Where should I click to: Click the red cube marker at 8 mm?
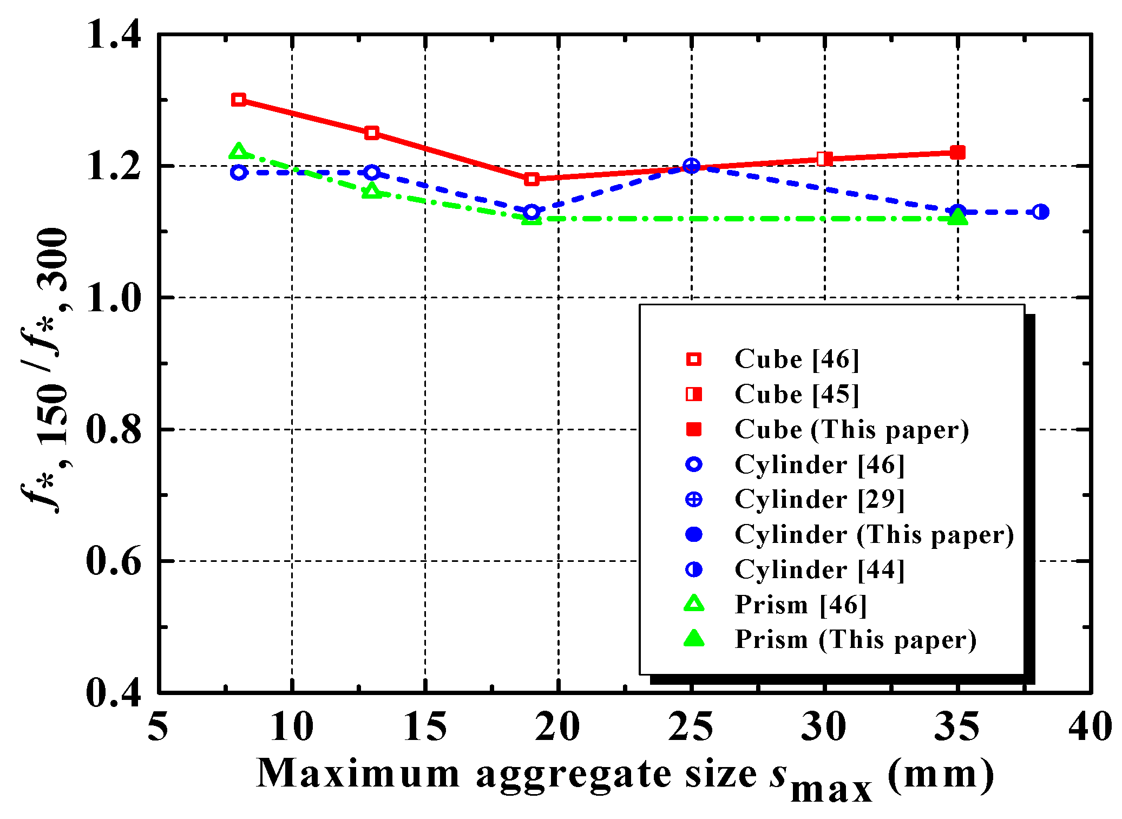pyautogui.click(x=239, y=100)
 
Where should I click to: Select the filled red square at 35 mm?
pyautogui.click(x=957, y=153)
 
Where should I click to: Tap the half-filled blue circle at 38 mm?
pyautogui.click(x=1040, y=212)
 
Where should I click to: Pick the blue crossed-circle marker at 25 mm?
pyautogui.click(x=691, y=166)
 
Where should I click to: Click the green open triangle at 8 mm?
pyautogui.click(x=239, y=151)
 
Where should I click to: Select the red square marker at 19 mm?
pyautogui.click(x=532, y=179)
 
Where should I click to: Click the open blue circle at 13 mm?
pyautogui.click(x=372, y=173)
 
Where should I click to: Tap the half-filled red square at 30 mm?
pyautogui.click(x=824, y=159)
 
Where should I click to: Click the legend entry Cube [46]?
pyautogui.click(x=796, y=359)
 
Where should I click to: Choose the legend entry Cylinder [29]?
pyautogui.click(x=818, y=499)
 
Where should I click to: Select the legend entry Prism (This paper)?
pyautogui.click(x=855, y=639)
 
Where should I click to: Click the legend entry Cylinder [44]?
pyautogui.click(x=818, y=569)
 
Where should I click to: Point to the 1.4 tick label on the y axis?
pyautogui.click(x=113, y=35)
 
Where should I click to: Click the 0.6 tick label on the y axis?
pyautogui.click(x=113, y=561)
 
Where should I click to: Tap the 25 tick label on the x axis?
pyautogui.click(x=691, y=726)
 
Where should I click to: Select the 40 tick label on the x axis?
pyautogui.click(x=1090, y=726)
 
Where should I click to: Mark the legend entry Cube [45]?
pyautogui.click(x=796, y=394)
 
